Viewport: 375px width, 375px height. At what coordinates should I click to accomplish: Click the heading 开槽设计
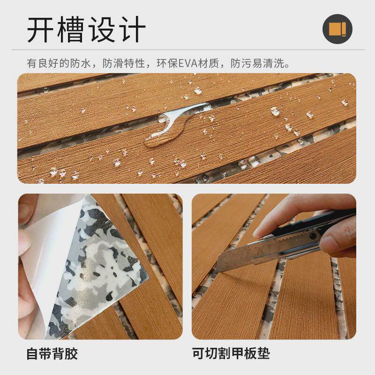coord(86,30)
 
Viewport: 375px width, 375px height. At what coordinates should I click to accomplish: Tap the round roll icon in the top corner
coord(337,29)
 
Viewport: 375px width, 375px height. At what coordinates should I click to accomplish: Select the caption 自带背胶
coord(52,354)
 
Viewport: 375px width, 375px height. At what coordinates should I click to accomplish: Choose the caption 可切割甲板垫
coord(231,353)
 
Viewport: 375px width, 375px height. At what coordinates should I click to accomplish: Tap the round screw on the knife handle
coord(313,236)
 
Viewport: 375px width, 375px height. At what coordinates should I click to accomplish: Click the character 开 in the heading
coord(41,30)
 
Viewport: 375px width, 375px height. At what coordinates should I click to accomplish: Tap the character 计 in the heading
coord(133,30)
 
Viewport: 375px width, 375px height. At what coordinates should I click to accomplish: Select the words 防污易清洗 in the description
coord(257,64)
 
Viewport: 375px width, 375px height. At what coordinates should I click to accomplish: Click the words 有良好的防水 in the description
coord(59,64)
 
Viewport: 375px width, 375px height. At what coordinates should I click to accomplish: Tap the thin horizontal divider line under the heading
coord(188,50)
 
